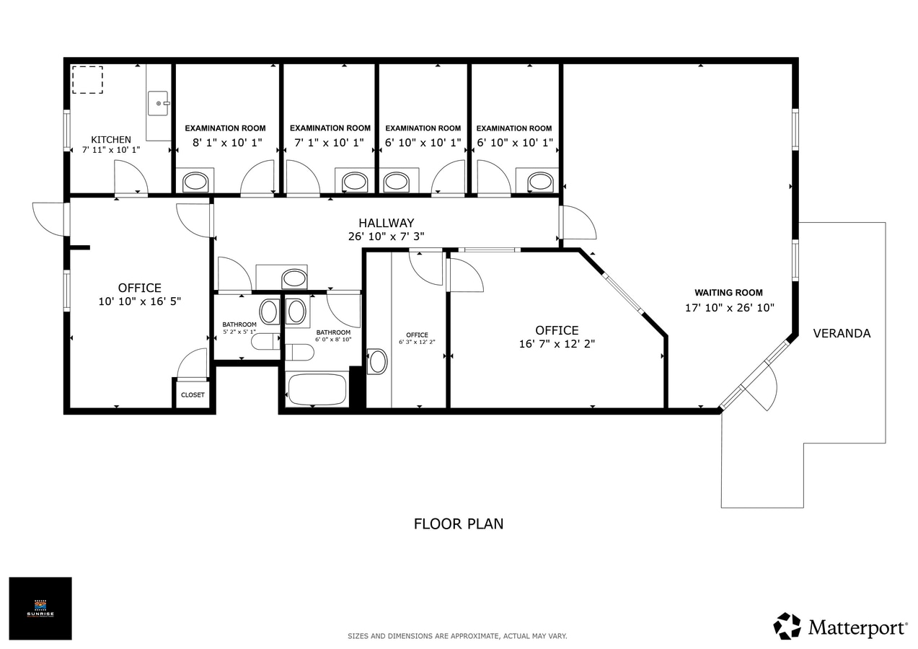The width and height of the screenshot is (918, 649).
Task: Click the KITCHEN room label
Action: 111,139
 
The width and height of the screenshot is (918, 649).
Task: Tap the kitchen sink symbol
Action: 158,103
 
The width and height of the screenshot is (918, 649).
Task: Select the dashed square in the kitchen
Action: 87,79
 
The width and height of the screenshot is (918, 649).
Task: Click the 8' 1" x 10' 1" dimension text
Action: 227,143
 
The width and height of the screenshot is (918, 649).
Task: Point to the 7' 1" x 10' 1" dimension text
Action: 328,143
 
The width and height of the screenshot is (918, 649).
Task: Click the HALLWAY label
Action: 387,223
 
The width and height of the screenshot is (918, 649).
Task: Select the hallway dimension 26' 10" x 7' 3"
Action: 387,236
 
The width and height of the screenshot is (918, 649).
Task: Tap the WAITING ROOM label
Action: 728,293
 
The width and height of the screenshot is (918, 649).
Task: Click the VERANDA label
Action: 842,333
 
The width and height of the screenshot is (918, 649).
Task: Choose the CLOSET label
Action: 193,395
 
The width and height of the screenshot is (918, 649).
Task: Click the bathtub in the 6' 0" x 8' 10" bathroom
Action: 317,389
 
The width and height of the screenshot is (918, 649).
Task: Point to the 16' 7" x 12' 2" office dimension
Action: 557,344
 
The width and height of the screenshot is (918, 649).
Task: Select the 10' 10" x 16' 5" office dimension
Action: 139,301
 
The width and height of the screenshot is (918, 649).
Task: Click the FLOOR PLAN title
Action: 458,524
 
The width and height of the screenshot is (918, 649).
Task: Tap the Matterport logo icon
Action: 787,626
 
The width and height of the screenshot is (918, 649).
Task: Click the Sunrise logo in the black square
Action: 40,608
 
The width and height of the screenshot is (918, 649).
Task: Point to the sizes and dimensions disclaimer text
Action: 457,636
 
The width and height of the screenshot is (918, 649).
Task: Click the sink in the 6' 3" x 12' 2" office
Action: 377,361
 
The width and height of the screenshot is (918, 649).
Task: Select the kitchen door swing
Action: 131,177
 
